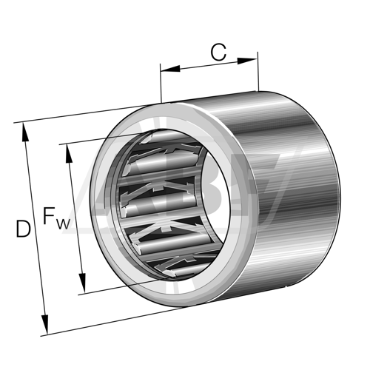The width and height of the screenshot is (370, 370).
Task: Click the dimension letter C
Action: pos(218,53)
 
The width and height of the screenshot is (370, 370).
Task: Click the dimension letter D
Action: pos(24,229)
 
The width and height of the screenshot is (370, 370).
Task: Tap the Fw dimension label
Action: pos(56,218)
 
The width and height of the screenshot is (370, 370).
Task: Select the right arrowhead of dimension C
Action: pos(247,61)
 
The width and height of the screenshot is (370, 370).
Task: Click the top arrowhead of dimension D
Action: pos(25,132)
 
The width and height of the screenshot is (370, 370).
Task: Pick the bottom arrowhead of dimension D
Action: pos(45,324)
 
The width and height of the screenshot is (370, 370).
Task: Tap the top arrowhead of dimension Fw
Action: pos(69,153)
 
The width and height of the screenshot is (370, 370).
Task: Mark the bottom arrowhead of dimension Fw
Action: pos(82,283)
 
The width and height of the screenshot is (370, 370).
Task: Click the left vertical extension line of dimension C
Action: pos(161,83)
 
